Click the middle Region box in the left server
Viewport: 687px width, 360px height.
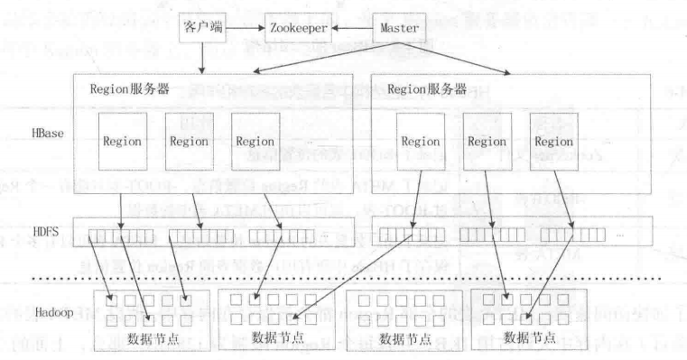(189, 142)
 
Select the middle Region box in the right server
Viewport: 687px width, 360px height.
(487, 142)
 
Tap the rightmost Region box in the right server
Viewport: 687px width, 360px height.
(553, 142)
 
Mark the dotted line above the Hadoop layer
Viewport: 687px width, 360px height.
(361, 277)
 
